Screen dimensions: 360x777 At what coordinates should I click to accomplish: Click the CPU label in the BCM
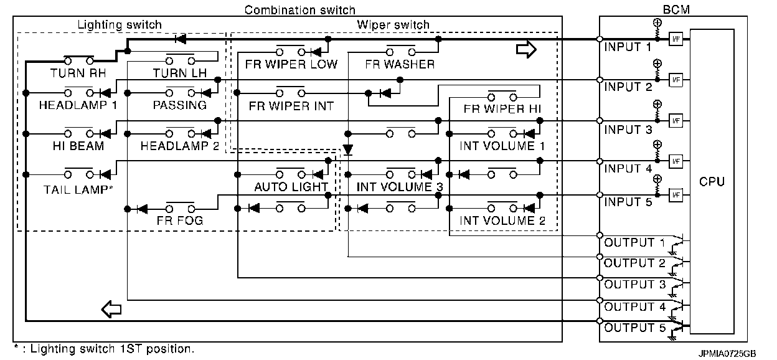click(x=712, y=182)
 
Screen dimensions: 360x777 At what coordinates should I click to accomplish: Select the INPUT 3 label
click(x=628, y=130)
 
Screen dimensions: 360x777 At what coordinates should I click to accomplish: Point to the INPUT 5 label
click(x=628, y=202)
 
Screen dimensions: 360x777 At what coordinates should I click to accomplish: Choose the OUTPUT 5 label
click(x=634, y=328)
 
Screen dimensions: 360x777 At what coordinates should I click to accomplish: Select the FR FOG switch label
click(x=180, y=220)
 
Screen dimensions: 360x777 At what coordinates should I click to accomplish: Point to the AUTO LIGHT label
click(x=291, y=187)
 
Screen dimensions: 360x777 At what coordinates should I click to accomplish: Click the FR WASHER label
click(x=400, y=64)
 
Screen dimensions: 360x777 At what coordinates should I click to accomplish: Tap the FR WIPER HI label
click(x=502, y=108)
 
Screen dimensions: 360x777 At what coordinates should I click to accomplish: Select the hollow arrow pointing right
click(x=526, y=50)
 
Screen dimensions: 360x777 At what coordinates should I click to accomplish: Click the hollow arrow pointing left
click(x=111, y=308)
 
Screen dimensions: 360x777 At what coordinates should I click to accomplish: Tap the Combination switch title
click(x=300, y=10)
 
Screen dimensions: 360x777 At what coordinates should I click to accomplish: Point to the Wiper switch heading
click(x=393, y=25)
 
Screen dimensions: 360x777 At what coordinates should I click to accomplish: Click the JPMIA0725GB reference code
click(x=727, y=353)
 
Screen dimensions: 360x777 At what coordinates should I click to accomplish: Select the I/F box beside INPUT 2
click(x=676, y=79)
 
